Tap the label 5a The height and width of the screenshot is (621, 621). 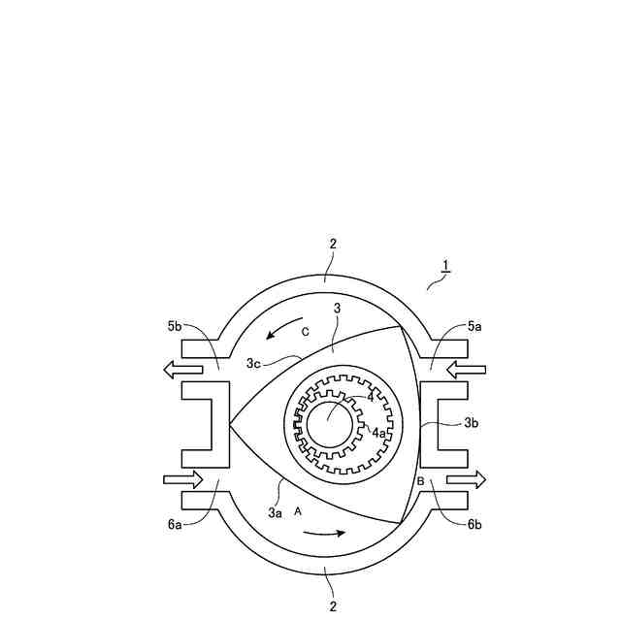(x=474, y=326)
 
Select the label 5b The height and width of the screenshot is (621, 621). (x=175, y=326)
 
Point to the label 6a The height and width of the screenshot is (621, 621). (x=175, y=524)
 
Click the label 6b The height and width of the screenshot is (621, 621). (x=474, y=524)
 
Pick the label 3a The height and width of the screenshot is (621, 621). (x=276, y=513)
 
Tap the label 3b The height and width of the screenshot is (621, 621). (x=472, y=423)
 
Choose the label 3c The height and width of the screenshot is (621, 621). (x=253, y=363)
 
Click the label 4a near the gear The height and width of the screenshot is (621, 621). (x=378, y=433)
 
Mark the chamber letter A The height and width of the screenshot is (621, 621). (x=298, y=511)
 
